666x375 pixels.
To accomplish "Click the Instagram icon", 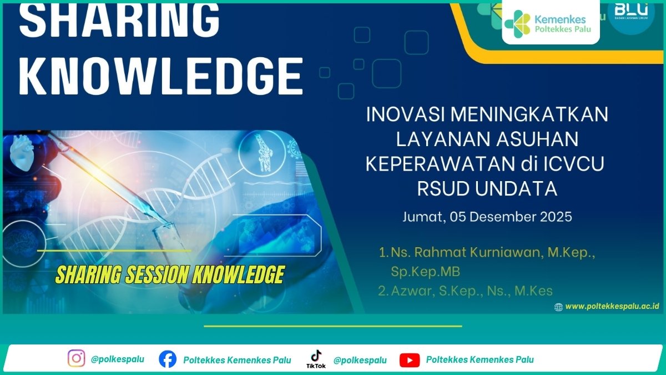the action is point(77,358).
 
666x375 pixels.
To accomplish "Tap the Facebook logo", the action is point(168,359).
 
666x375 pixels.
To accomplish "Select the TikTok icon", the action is point(316,359).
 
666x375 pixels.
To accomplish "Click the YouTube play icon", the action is point(410,360).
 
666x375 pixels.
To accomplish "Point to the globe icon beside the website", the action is point(558,307).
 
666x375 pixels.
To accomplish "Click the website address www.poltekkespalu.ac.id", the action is point(612,306).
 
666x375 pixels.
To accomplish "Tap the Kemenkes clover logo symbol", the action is point(517,23).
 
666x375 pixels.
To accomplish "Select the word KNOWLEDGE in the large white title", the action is point(161,77).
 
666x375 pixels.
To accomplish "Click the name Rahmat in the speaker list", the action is point(440,252).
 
